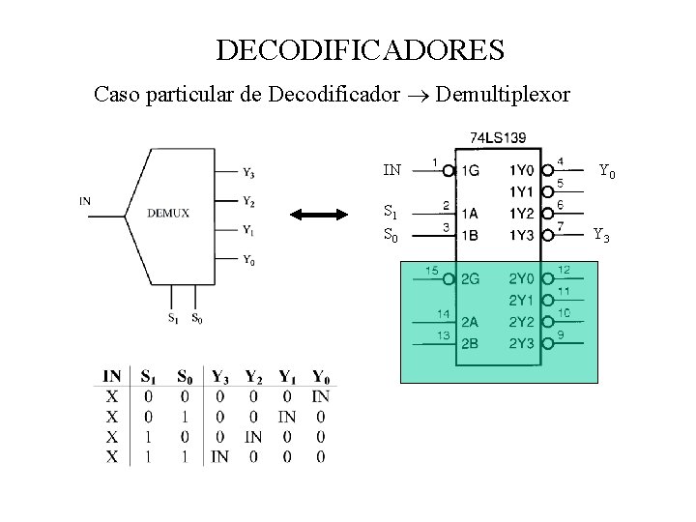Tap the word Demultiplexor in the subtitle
pos(505,95)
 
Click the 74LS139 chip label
pos(497,138)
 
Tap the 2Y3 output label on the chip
pos(523,343)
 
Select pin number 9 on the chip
pos(563,334)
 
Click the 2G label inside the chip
pos(471,280)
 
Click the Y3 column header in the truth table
pos(219,376)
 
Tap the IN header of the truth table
pos(112,376)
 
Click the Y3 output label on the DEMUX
pos(248,174)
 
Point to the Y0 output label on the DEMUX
pos(248,259)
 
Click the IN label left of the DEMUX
pos(85,201)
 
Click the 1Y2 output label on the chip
pos(523,213)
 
